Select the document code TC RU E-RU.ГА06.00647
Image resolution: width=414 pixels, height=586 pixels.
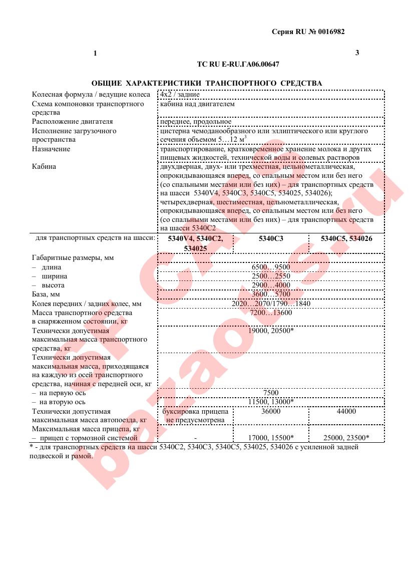coord(238,65)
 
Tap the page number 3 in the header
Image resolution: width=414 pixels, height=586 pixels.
coord(357,53)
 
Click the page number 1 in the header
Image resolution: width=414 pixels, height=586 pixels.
coord(95,54)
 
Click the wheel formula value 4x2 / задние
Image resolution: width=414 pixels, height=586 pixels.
coord(180,94)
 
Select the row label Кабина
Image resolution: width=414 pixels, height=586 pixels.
coord(44,167)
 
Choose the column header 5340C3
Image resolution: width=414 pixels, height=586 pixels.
coord(271,239)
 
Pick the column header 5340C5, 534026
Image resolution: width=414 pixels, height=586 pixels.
coord(346,239)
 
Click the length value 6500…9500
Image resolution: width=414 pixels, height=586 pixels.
coord(271,267)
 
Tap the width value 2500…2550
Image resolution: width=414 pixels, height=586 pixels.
coord(271,276)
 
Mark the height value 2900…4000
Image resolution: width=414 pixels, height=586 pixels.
coord(271,285)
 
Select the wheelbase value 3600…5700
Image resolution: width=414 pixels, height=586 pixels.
coord(271,294)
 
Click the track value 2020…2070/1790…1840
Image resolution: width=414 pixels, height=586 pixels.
coord(271,304)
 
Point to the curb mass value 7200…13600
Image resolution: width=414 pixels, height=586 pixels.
coord(271,313)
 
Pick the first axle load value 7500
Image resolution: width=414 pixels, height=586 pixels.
coord(271,393)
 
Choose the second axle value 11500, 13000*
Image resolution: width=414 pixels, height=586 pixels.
coord(271,402)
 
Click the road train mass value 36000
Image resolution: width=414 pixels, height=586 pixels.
coord(271,411)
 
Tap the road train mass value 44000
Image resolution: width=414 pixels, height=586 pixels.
coord(346,411)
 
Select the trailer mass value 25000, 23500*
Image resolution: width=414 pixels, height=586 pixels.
coord(346,437)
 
